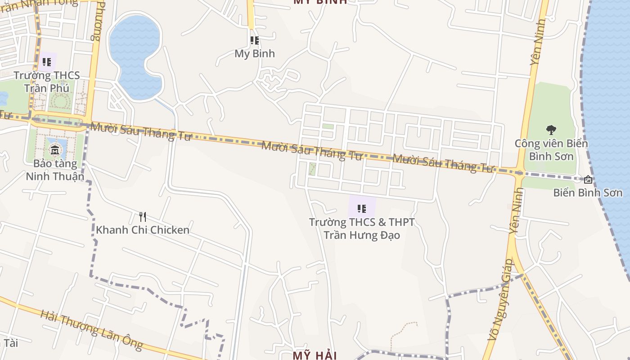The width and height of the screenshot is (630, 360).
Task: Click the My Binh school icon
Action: [x=255, y=41]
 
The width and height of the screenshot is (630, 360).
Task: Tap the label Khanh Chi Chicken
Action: [x=142, y=230]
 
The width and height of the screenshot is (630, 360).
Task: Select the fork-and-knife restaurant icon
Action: [x=142, y=217]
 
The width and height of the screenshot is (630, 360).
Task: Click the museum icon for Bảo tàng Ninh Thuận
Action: [x=55, y=150]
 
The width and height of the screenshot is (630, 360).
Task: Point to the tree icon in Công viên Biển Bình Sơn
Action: [x=551, y=130]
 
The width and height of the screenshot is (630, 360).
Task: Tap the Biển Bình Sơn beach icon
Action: [x=588, y=180]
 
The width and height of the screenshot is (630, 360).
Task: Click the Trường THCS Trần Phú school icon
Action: [x=46, y=62]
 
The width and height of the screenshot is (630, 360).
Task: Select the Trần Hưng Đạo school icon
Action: [x=361, y=209]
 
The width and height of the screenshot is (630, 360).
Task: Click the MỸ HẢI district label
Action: [x=315, y=355]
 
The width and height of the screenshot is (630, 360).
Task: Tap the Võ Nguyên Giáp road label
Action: [x=500, y=299]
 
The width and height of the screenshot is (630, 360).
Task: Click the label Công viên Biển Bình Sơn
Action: [x=551, y=150]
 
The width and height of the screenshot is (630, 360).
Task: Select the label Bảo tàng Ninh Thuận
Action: [x=55, y=170]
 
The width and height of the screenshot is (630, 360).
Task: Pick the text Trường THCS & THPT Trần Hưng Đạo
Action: [x=362, y=229]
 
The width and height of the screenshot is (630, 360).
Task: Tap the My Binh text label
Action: [x=255, y=54]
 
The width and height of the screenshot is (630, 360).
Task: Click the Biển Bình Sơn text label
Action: [x=588, y=193]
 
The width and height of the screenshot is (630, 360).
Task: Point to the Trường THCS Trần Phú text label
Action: [x=46, y=81]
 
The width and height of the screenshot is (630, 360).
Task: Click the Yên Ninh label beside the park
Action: [x=538, y=43]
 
